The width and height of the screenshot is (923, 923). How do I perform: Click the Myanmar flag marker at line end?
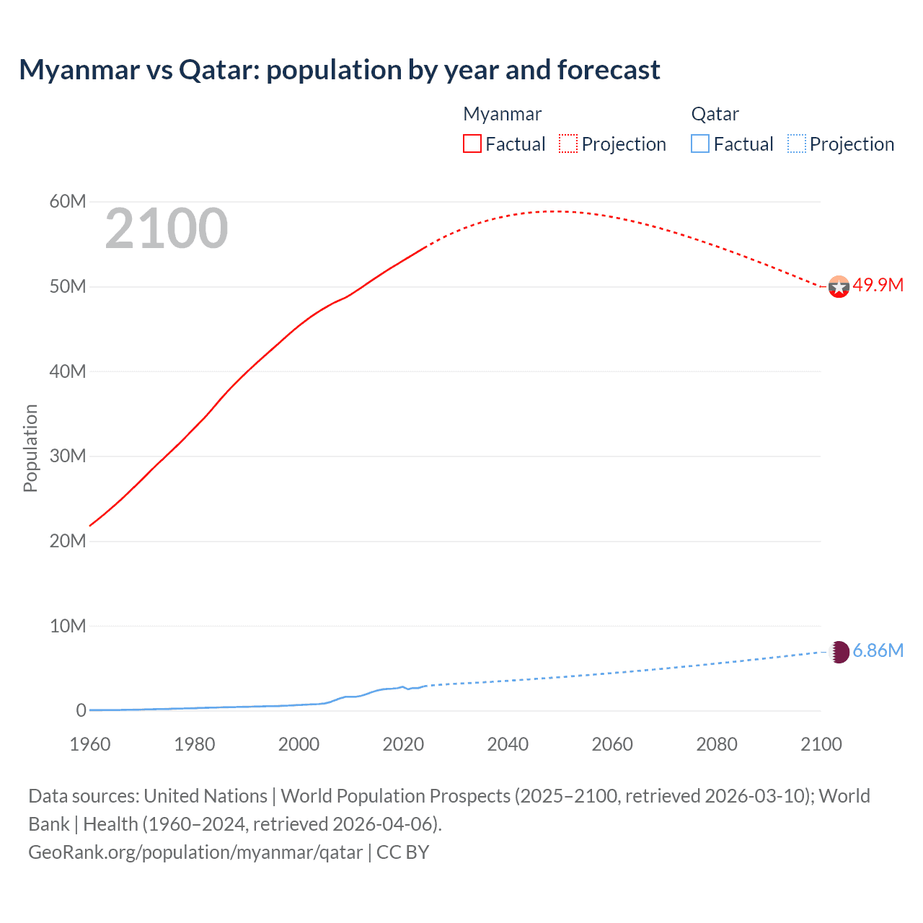tap(839, 287)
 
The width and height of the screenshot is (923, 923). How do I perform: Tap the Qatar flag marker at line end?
tap(839, 652)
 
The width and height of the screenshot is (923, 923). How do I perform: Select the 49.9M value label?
tap(878, 285)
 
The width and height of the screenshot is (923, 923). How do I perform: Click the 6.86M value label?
tap(878, 650)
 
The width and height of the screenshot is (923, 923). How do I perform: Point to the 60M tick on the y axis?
tap(68, 201)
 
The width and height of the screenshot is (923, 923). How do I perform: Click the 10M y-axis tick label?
tap(68, 626)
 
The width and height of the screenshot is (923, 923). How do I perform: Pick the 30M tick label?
tap(68, 456)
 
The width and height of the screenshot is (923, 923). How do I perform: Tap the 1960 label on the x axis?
tap(90, 744)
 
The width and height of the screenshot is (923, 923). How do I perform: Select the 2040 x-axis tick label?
tap(508, 744)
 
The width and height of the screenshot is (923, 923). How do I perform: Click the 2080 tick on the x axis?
tap(717, 744)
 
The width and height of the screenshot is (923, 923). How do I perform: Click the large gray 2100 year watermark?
tap(167, 229)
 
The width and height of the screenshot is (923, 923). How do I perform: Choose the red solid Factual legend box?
tap(472, 143)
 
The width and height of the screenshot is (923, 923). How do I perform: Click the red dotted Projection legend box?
tap(568, 143)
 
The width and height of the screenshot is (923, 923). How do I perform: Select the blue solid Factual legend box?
tap(700, 143)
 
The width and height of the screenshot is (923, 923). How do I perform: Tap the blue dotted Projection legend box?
tap(796, 143)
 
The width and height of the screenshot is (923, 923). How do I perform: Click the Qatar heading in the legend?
tap(715, 114)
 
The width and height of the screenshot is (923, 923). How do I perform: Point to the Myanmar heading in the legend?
tap(502, 114)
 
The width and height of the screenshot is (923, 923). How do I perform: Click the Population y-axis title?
tap(30, 448)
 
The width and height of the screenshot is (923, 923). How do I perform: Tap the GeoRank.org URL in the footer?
tap(195, 852)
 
